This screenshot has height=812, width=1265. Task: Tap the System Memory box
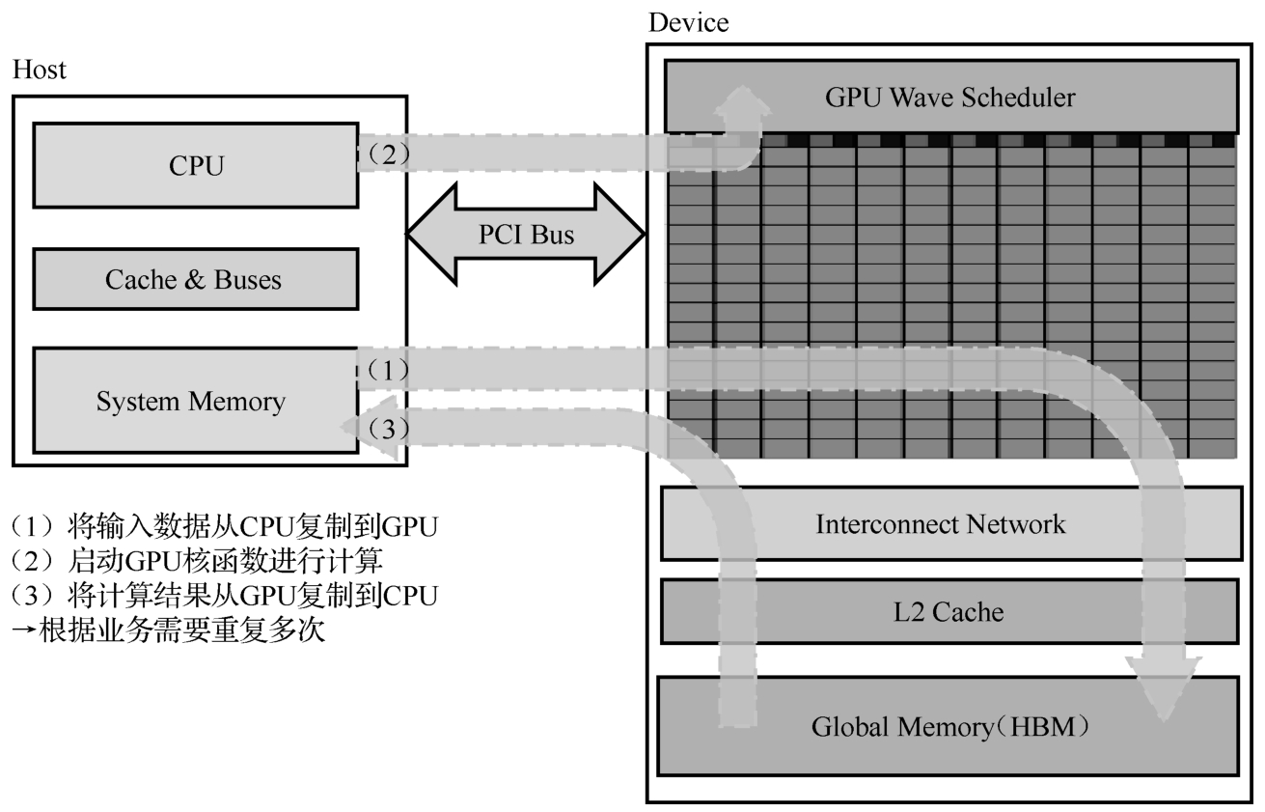[191, 402]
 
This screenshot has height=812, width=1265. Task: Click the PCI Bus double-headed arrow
[526, 235]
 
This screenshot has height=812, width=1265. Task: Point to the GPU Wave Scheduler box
[949, 97]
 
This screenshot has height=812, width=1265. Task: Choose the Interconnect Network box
[949, 524]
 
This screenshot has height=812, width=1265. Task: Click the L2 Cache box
[949, 611]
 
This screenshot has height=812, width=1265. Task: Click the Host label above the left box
[40, 70]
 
